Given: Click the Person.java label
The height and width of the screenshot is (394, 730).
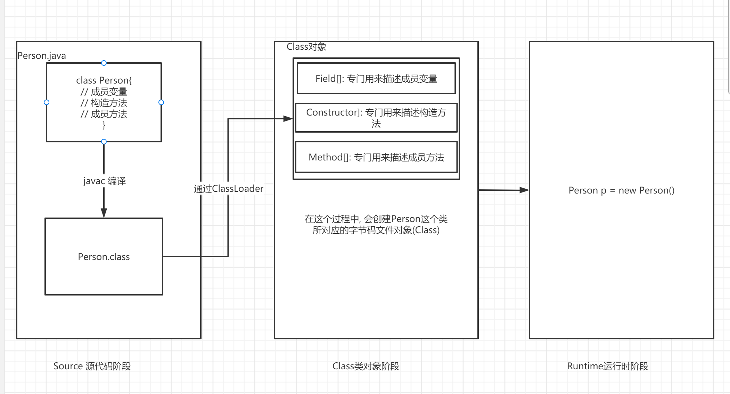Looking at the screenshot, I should pyautogui.click(x=42, y=56).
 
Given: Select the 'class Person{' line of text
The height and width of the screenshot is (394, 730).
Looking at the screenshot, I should pyautogui.click(x=104, y=80).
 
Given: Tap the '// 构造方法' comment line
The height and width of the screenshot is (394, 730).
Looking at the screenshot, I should pyautogui.click(x=104, y=103).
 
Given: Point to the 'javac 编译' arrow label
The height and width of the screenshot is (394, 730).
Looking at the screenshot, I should pyautogui.click(x=105, y=181).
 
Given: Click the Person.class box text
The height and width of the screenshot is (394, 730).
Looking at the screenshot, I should pyautogui.click(x=104, y=257).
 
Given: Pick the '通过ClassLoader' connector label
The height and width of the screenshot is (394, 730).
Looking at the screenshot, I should pyautogui.click(x=229, y=189).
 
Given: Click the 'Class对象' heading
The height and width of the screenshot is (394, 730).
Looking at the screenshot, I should pyautogui.click(x=306, y=47).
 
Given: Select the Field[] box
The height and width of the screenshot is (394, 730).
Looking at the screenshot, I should pyautogui.click(x=376, y=79).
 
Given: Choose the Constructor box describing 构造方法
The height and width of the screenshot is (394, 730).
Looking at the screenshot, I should pyautogui.click(x=376, y=118).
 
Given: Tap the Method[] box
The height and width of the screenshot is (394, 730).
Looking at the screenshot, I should pyautogui.click(x=376, y=157).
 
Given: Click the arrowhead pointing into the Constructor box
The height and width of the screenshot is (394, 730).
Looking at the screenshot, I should pyautogui.click(x=288, y=119).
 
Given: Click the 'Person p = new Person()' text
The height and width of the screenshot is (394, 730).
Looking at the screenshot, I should pyautogui.click(x=621, y=190).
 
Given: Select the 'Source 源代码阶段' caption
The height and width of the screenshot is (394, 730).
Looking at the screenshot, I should pyautogui.click(x=92, y=366).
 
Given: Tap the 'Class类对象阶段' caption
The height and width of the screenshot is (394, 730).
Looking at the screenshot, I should pyautogui.click(x=366, y=366).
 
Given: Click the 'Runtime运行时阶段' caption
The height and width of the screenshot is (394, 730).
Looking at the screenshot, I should pyautogui.click(x=608, y=366).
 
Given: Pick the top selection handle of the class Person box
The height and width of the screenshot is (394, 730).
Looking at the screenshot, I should pyautogui.click(x=104, y=63).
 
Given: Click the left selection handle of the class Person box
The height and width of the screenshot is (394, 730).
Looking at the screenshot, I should pyautogui.click(x=47, y=102).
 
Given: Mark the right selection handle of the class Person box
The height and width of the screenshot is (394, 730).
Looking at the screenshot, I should pyautogui.click(x=161, y=102).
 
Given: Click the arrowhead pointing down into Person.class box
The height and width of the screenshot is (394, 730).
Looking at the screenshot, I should pyautogui.click(x=104, y=213).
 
